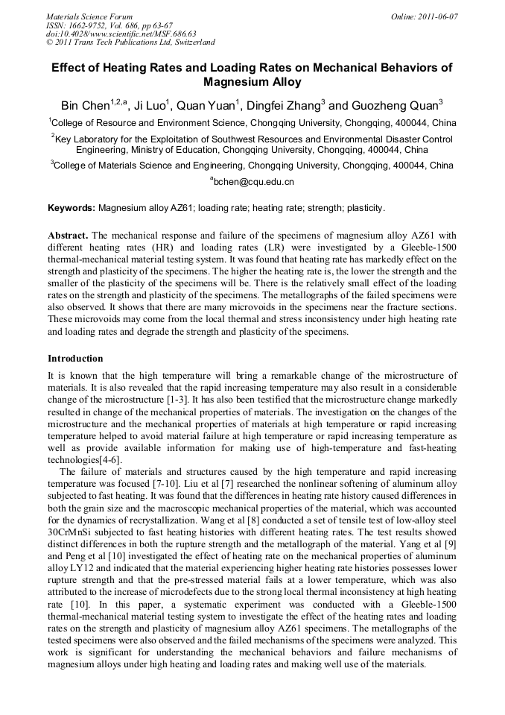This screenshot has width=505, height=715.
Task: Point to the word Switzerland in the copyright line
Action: coord(188,42)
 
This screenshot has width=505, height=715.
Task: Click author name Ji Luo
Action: coord(153,105)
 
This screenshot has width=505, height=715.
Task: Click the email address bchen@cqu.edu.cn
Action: coord(254,181)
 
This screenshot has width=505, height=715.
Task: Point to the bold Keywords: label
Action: coord(72,208)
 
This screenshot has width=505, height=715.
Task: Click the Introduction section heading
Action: coord(75,359)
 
